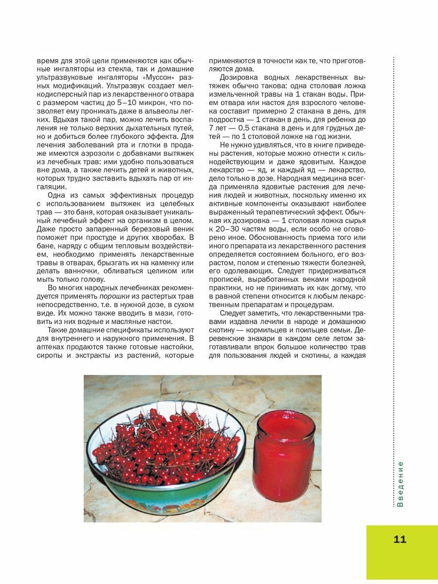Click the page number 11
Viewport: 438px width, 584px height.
click(400, 539)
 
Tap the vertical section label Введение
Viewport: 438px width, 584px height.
click(400, 484)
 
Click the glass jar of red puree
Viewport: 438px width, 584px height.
click(283, 455)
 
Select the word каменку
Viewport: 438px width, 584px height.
click(168, 262)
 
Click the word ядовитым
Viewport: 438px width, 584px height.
click(312, 161)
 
